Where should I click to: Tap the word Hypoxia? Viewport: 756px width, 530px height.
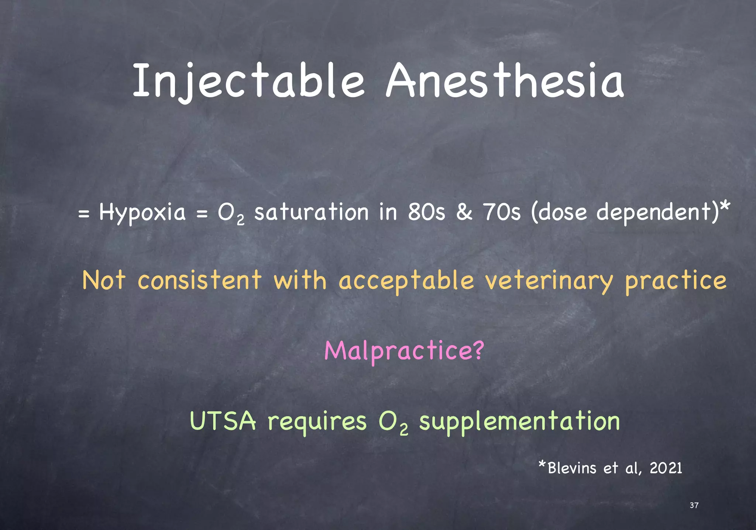(x=142, y=213)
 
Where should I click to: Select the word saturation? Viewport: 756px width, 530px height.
(x=311, y=212)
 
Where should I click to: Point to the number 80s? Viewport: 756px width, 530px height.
(x=426, y=212)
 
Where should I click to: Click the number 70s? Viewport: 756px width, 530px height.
(x=502, y=212)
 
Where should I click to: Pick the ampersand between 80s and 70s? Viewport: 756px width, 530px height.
(x=464, y=212)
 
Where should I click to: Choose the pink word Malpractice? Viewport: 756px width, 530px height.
(x=404, y=351)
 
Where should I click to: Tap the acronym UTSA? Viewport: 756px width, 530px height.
(x=223, y=421)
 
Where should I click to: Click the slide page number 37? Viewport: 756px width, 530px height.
(x=694, y=505)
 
